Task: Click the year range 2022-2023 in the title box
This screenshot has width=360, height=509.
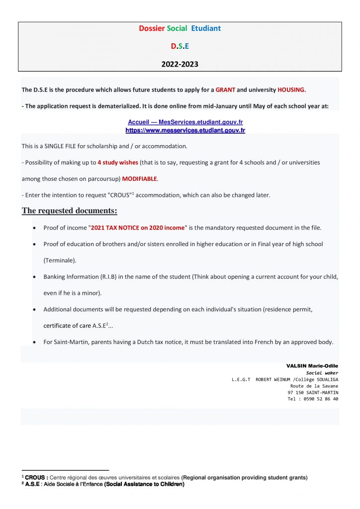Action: [180, 64]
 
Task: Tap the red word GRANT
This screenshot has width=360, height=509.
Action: [225, 90]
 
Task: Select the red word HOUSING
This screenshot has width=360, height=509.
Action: [291, 90]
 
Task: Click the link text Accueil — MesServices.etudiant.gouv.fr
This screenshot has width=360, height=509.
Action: [185, 122]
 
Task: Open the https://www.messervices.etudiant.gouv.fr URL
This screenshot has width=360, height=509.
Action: [185, 130]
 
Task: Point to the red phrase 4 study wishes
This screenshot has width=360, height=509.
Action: [118, 163]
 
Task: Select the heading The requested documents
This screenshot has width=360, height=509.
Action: [69, 211]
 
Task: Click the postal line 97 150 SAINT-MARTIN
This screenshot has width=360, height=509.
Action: [313, 392]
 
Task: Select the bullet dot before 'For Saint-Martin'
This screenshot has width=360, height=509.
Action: [33, 342]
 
